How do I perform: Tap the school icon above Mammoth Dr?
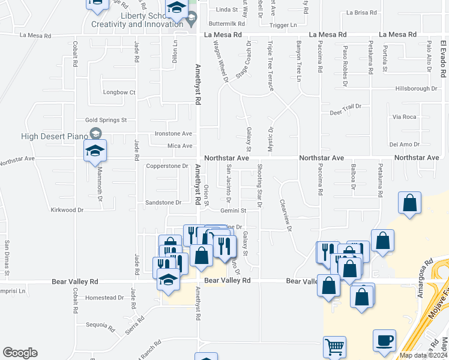(x=95, y=151)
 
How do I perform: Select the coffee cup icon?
(x=384, y=340)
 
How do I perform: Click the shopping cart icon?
(x=334, y=347)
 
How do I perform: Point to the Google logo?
(x=20, y=353)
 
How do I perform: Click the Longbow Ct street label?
(x=119, y=92)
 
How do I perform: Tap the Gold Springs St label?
(x=106, y=120)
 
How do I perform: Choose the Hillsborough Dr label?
(x=416, y=88)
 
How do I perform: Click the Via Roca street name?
(x=403, y=116)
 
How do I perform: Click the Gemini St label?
(x=234, y=211)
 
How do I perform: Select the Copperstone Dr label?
(x=167, y=166)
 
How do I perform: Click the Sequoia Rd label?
(x=100, y=326)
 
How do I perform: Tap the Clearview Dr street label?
(x=285, y=215)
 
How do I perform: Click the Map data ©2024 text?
(x=423, y=355)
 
